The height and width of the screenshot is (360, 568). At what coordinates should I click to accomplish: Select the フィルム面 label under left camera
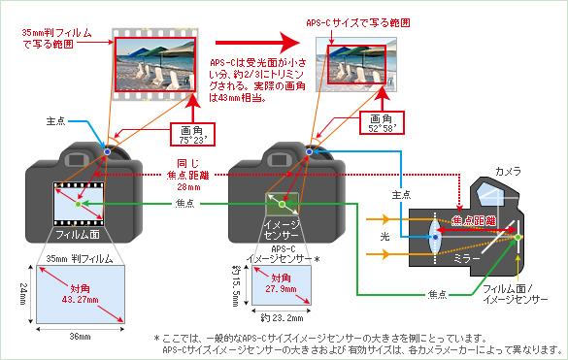[77, 233]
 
